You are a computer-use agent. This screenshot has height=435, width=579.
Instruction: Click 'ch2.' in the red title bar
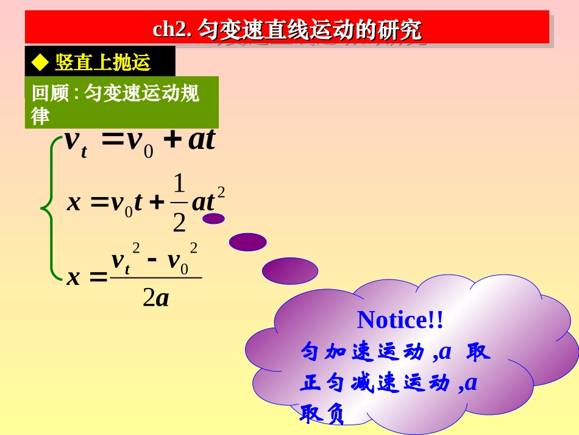(x=172, y=30)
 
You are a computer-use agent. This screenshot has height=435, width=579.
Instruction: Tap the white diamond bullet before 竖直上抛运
(x=40, y=62)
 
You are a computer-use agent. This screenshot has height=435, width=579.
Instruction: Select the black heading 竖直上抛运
(x=102, y=62)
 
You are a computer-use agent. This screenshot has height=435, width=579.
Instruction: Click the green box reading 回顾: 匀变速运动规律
(x=121, y=102)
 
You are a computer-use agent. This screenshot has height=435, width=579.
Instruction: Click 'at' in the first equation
(x=202, y=140)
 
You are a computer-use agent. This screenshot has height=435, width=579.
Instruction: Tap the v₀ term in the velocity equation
(x=140, y=142)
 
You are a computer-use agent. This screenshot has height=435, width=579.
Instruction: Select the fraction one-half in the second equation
(x=178, y=203)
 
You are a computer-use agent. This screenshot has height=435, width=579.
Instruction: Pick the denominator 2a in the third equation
(x=155, y=298)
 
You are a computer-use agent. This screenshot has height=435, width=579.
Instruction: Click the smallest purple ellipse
(x=213, y=218)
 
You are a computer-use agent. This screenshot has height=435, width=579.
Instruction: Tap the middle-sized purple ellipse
(x=247, y=242)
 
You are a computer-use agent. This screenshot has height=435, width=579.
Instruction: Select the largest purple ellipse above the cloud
(x=290, y=271)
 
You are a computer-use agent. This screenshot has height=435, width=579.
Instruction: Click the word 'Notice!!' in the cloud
(x=400, y=319)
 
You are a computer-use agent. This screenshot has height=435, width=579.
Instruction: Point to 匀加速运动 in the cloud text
(x=362, y=352)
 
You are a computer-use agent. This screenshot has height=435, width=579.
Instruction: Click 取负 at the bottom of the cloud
(x=322, y=415)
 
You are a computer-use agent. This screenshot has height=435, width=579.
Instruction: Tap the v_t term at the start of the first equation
(x=75, y=142)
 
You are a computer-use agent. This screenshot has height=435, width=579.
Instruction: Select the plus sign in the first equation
(x=174, y=140)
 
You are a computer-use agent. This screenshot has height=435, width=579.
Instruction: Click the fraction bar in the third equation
(x=155, y=278)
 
